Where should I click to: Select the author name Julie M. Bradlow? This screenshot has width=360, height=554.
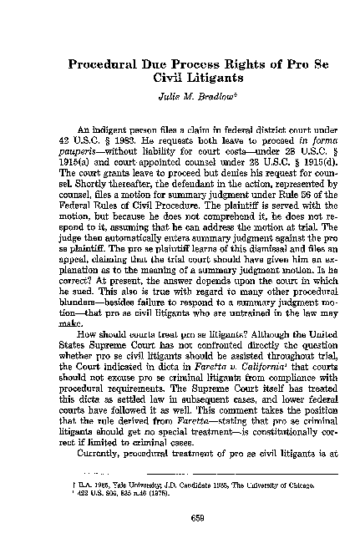click(180, 96)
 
